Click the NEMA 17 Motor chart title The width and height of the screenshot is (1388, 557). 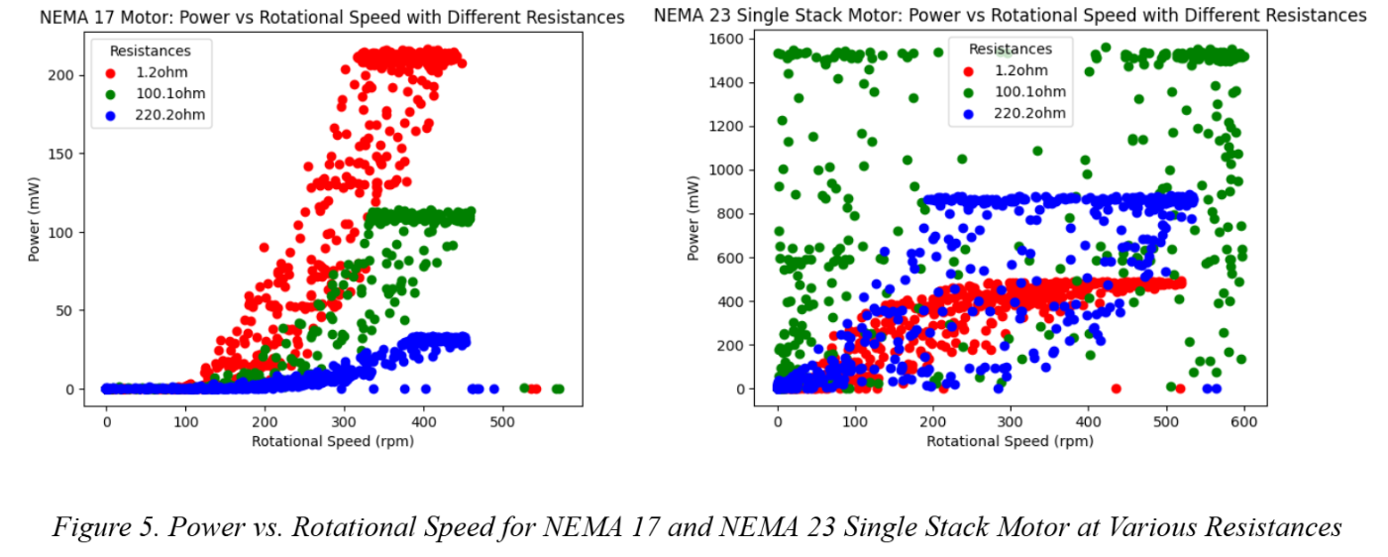(x=332, y=18)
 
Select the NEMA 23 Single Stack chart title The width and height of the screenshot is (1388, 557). (x=1010, y=16)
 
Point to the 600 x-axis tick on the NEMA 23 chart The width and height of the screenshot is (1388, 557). (x=1243, y=420)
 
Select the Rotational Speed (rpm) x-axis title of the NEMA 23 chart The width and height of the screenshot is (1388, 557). (x=1011, y=441)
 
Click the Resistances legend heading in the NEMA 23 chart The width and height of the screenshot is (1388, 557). (x=1011, y=49)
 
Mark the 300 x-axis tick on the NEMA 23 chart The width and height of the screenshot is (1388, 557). (x=1011, y=420)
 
